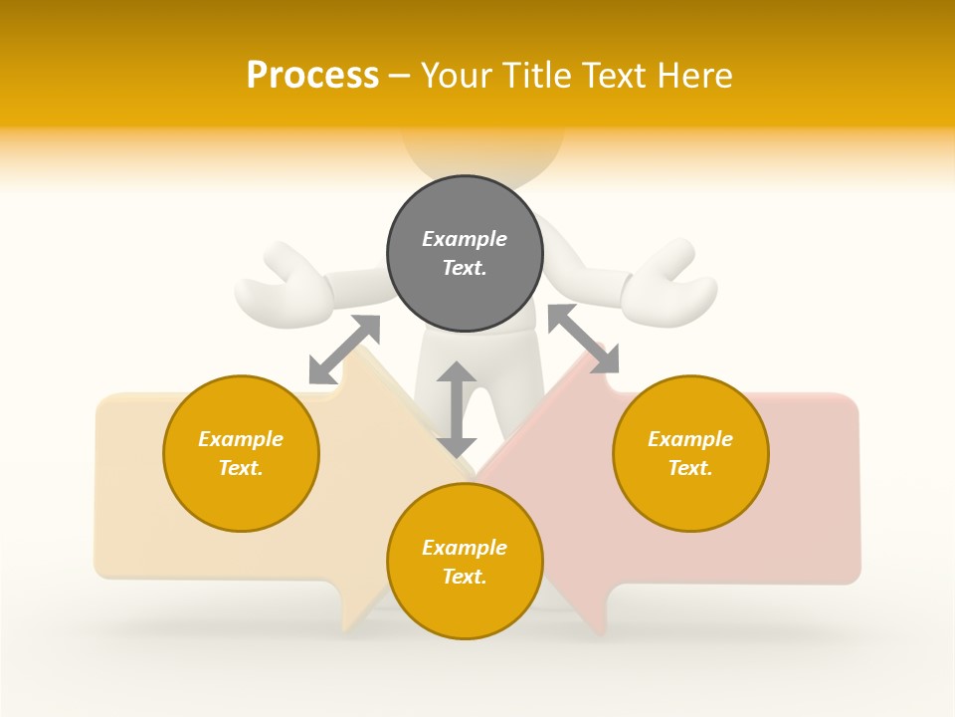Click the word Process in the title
pos(312,76)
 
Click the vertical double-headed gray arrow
pos(457,409)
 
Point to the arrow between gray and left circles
pos(344,349)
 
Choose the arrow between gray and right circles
pos(583,339)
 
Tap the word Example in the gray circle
pos(465,239)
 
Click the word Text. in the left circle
pos(241,468)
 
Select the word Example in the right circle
pos(690,439)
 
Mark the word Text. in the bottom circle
pos(465,577)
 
